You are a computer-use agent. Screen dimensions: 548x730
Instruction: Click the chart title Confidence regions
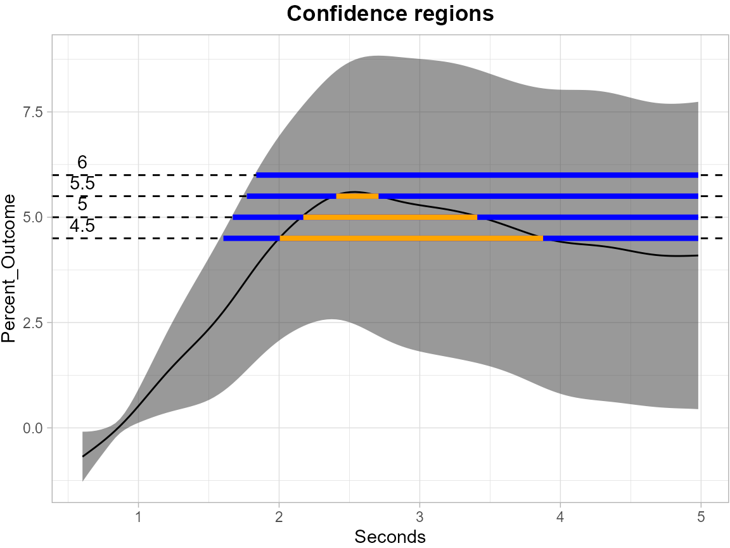390,14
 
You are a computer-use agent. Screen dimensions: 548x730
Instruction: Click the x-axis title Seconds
390,537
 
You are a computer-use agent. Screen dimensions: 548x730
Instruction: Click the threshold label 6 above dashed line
82,163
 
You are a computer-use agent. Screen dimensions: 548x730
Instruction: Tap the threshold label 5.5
82,184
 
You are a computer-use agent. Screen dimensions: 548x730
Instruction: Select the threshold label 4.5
82,226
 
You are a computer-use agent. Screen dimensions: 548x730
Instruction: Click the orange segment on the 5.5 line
357,196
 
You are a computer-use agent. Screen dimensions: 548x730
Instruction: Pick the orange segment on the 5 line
390,217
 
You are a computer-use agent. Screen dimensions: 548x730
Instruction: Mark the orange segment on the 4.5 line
411,238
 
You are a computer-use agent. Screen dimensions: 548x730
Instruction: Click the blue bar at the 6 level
477,175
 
